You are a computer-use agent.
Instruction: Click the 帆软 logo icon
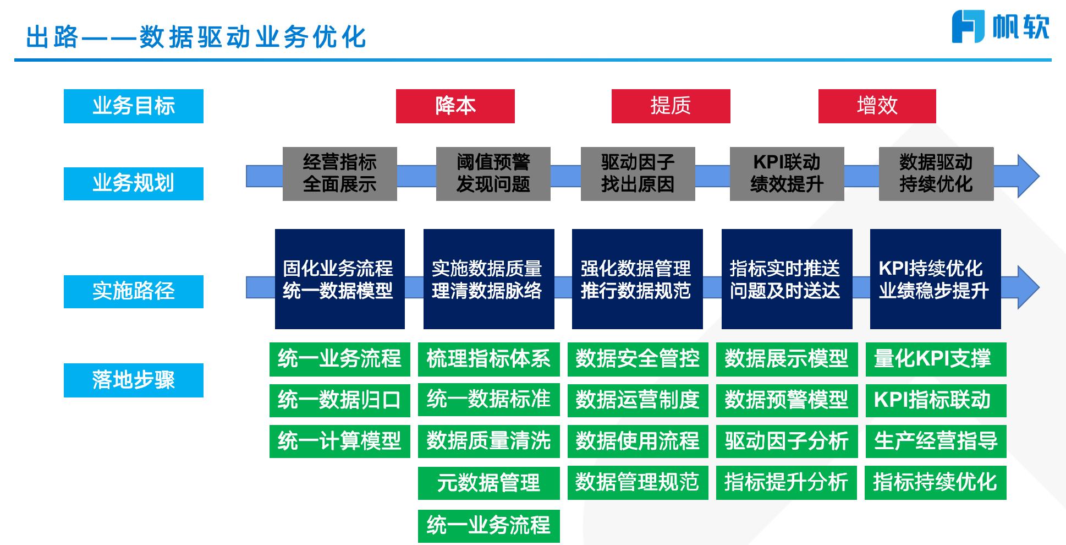(968, 26)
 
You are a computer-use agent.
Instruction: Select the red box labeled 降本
(455, 106)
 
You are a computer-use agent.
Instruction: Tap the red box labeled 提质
(671, 106)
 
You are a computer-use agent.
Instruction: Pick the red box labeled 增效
(877, 106)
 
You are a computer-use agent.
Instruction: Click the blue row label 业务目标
(133, 106)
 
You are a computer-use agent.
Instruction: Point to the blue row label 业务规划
(133, 183)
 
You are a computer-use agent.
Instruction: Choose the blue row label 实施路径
(133, 291)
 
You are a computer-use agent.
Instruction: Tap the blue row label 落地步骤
(133, 380)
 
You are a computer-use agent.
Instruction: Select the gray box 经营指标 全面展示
(339, 173)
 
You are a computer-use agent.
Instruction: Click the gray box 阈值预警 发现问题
(493, 173)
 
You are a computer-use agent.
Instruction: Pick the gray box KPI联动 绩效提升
(787, 173)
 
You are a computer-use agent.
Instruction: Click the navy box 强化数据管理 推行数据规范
(637, 279)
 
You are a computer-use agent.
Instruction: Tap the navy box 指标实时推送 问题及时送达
(787, 279)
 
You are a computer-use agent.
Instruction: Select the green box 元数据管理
(488, 483)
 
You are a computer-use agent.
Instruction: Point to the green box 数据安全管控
(638, 359)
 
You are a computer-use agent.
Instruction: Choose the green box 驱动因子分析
(787, 441)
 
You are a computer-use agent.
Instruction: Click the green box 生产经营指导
(936, 441)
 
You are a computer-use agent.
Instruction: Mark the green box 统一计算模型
(339, 441)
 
